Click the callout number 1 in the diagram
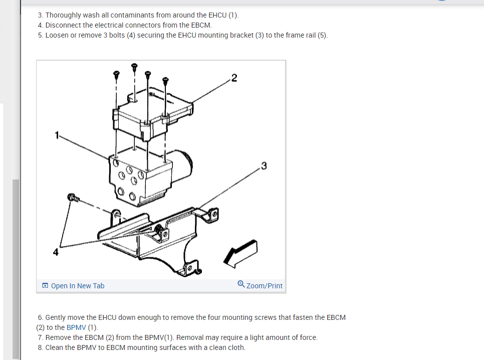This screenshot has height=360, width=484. (x=57, y=135)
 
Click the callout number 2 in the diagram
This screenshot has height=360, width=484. (x=234, y=78)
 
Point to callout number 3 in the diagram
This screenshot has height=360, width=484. (x=264, y=166)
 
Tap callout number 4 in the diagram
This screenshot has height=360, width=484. (x=56, y=252)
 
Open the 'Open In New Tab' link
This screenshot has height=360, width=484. (x=78, y=286)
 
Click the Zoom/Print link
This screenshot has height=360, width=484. (x=264, y=286)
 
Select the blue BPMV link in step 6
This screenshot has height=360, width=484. (x=76, y=327)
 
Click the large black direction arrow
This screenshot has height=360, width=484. (x=240, y=253)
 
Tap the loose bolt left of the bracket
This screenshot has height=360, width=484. (x=73, y=198)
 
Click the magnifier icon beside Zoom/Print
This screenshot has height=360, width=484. (x=241, y=284)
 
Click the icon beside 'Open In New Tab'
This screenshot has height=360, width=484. (x=45, y=285)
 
